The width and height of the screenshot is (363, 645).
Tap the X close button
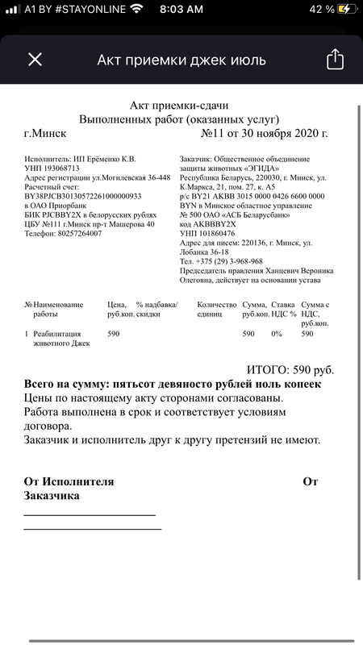[x=35, y=60]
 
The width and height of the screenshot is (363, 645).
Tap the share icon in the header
[x=335, y=60]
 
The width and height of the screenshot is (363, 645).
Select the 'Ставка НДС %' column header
[x=282, y=310]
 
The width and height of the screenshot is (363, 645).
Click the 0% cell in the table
[x=277, y=334]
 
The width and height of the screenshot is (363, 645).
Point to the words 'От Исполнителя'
[x=69, y=482]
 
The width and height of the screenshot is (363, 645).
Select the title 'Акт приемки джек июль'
[x=181, y=60]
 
